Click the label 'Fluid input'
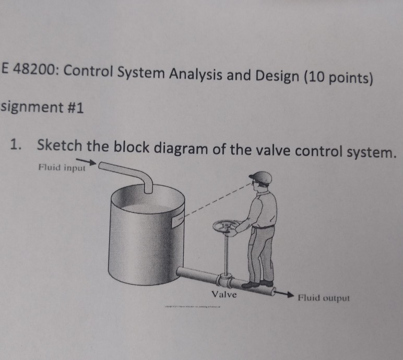coord(61,167)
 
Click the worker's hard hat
coord(260,177)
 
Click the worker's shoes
coord(258,284)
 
